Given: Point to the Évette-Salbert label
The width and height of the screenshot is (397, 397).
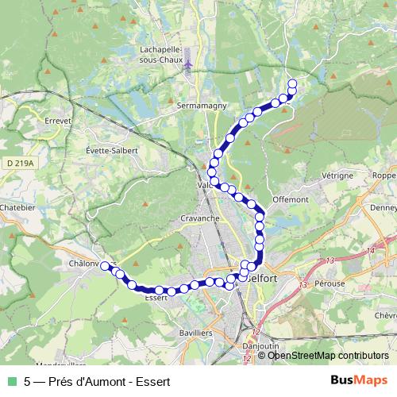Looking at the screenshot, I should [x=112, y=150].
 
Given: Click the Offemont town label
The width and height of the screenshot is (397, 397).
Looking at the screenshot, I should [x=289, y=199].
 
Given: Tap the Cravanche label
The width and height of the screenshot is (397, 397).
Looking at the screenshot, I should [x=200, y=218].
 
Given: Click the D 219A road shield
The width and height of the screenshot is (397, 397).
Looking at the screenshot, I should [x=19, y=163].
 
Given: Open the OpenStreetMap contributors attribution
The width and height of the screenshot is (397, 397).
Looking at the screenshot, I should [x=328, y=355].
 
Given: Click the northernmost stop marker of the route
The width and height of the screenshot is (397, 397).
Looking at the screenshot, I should [x=292, y=83].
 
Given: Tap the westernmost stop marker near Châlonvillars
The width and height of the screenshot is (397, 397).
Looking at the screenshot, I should [x=104, y=266].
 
